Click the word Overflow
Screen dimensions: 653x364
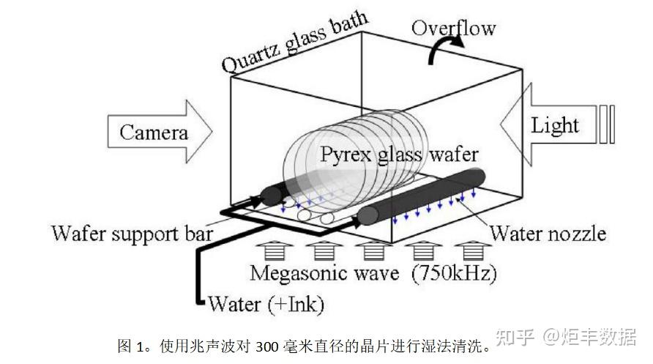click(454, 28)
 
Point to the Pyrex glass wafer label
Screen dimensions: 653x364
click(399, 155)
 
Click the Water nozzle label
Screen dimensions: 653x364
click(548, 233)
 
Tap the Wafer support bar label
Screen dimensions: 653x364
click(132, 233)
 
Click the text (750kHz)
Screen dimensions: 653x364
click(455, 274)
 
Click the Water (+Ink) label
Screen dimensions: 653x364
click(266, 304)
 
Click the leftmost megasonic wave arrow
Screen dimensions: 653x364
click(274, 251)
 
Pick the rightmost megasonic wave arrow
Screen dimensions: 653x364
click(472, 251)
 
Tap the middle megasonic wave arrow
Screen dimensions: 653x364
click(373, 251)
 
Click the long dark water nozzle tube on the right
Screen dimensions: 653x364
click(422, 196)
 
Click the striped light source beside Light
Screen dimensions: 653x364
click(606, 125)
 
